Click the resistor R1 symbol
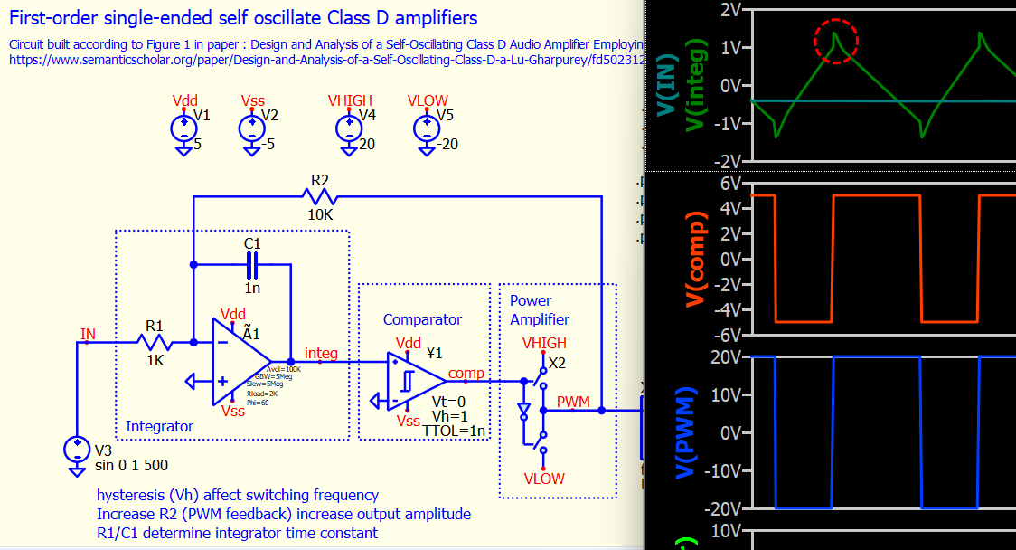155,342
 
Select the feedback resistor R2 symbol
321,195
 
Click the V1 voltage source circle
183,128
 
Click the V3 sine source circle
79,449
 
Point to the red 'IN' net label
88,334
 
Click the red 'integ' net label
322,353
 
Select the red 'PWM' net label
572,401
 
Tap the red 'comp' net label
466,373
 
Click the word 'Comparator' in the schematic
422,319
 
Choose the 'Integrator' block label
159,426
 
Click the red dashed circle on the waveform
836,41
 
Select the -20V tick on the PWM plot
723,508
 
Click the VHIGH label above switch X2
544,344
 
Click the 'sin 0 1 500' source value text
131,466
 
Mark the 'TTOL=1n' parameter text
454,431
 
